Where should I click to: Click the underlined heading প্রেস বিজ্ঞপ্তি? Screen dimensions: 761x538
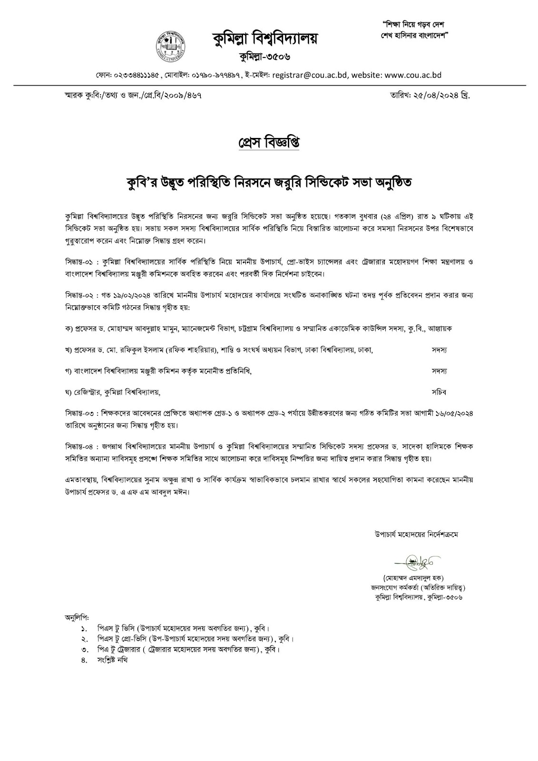click(269, 143)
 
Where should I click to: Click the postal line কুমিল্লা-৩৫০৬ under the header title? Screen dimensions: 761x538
click(265, 58)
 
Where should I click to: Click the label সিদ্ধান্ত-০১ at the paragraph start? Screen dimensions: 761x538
click(81, 262)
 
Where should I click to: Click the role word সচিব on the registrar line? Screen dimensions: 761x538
click(439, 392)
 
